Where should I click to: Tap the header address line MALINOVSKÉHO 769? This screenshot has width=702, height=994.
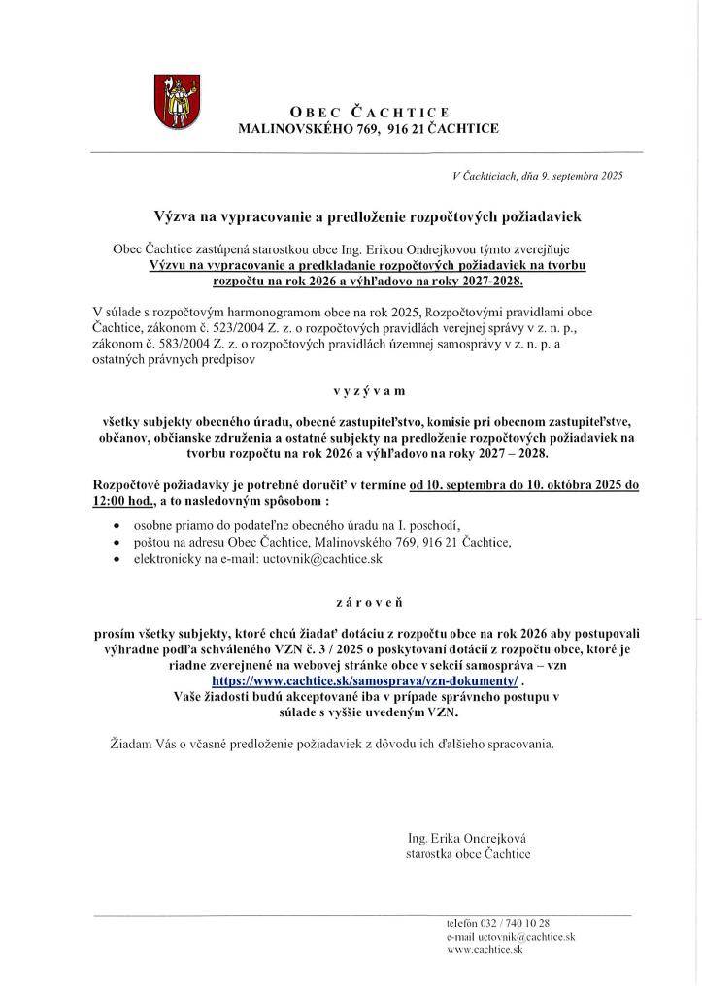point(368,128)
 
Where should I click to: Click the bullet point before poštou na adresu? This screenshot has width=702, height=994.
point(117,543)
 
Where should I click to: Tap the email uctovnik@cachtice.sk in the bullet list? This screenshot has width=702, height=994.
point(321,560)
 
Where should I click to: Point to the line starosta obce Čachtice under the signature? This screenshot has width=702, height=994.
point(468,854)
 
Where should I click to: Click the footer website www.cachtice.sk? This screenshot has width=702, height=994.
point(485,951)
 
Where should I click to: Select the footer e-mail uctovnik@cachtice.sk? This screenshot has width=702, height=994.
point(525,937)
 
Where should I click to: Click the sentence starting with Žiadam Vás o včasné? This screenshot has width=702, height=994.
point(333,745)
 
